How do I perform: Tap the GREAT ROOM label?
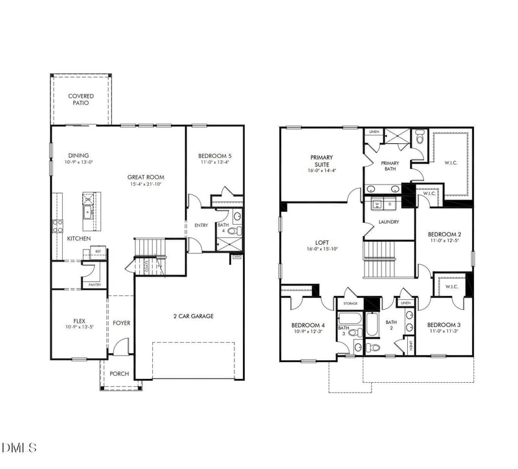pos(145,177)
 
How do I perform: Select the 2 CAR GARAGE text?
pos(193,316)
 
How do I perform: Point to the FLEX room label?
pos(79,319)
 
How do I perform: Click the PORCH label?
pos(118,374)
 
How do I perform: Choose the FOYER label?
pos(121,323)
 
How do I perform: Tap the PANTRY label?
pos(95,284)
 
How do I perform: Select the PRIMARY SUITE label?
pos(321,160)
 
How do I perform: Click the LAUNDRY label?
pos(388,222)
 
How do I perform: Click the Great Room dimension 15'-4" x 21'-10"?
pos(145,185)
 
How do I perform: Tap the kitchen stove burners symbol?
pos(58,225)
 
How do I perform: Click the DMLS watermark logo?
pos(19,448)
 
